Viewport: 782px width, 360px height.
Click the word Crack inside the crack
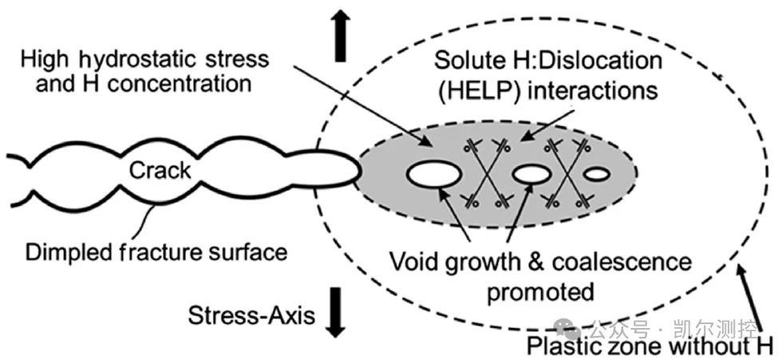click(160, 170)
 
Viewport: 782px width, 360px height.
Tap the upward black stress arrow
click(341, 37)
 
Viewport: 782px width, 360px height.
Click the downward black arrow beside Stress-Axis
click(337, 312)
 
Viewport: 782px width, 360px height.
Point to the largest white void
click(434, 175)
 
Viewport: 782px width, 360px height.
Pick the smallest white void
click(597, 175)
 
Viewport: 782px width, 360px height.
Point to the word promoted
click(540, 291)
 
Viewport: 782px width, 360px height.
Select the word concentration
click(179, 83)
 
